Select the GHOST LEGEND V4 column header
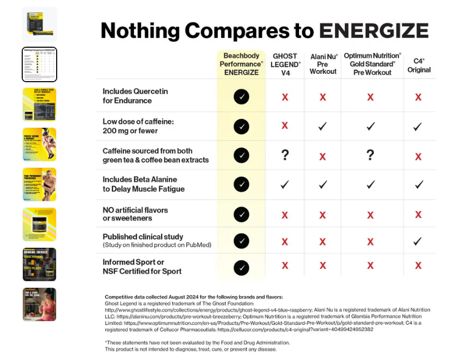(285, 64)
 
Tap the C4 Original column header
(418, 65)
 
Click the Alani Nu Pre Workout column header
(323, 64)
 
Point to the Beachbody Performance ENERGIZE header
(241, 64)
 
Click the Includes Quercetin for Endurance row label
(135, 96)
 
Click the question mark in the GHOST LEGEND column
(285, 155)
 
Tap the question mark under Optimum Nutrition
(370, 155)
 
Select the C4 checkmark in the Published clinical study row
(418, 241)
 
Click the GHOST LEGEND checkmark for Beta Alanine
(285, 184)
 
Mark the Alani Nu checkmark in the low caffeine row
(323, 126)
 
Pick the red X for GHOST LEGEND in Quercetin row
(285, 97)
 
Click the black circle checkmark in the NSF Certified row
(241, 268)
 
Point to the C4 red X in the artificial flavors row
(418, 214)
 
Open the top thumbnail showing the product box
(39, 24)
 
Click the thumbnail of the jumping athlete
(39, 144)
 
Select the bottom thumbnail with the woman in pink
(39, 304)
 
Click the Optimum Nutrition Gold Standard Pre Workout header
(372, 64)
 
